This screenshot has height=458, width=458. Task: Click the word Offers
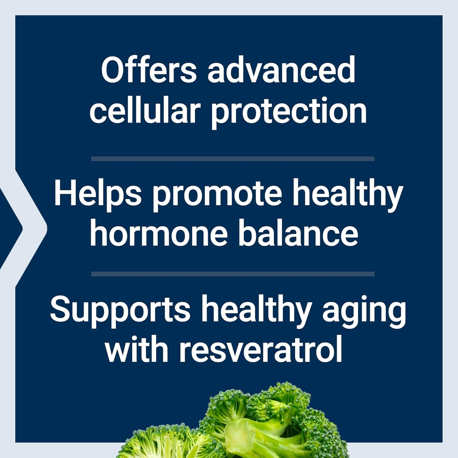coord(148,71)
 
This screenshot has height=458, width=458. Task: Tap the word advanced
coord(281,71)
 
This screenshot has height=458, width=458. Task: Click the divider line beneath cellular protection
coord(233,158)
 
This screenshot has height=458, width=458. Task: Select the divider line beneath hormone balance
coord(233,274)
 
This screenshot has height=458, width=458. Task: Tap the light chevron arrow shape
coord(31,228)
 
